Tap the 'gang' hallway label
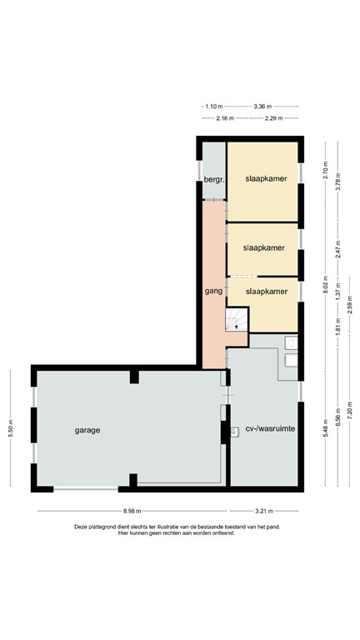(x=212, y=291)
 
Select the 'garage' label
(x=87, y=430)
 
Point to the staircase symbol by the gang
(x=237, y=319)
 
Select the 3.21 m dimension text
(x=264, y=511)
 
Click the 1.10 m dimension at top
(x=215, y=107)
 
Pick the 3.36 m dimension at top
(x=263, y=107)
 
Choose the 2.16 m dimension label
(x=224, y=118)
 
